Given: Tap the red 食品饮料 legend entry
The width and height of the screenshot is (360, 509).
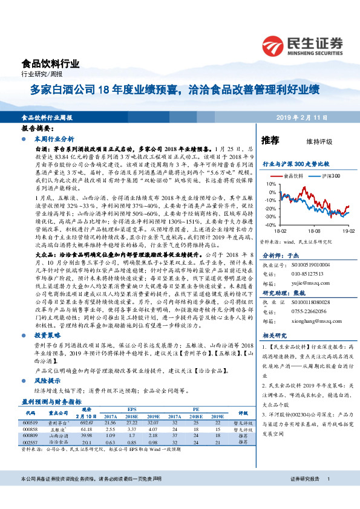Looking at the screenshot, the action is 295,176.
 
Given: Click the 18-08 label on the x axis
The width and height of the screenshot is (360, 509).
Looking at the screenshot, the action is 314,231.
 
